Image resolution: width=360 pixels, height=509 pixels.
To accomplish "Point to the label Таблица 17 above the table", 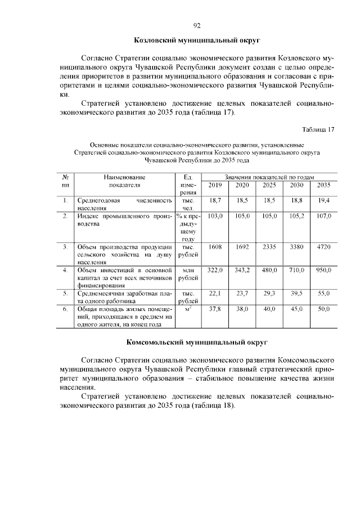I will [318, 130].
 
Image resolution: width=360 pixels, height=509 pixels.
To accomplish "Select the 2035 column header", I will [323, 186].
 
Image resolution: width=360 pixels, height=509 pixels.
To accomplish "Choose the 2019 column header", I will [215, 186].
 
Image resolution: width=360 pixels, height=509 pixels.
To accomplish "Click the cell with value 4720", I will [323, 246].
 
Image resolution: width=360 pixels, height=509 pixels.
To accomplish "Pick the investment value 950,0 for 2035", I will [323, 271].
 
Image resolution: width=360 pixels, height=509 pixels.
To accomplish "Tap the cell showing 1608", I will [215, 246].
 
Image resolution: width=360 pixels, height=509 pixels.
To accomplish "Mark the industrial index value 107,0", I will [323, 216].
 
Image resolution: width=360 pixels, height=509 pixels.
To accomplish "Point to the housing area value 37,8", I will [215, 309].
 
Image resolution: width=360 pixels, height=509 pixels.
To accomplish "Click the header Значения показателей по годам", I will [269, 177].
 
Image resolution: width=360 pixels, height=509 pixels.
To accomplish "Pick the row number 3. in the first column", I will [66, 246].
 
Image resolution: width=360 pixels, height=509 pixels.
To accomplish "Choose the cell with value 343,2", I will [242, 271].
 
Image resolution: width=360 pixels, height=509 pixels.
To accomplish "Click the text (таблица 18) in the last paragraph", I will [211, 406].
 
